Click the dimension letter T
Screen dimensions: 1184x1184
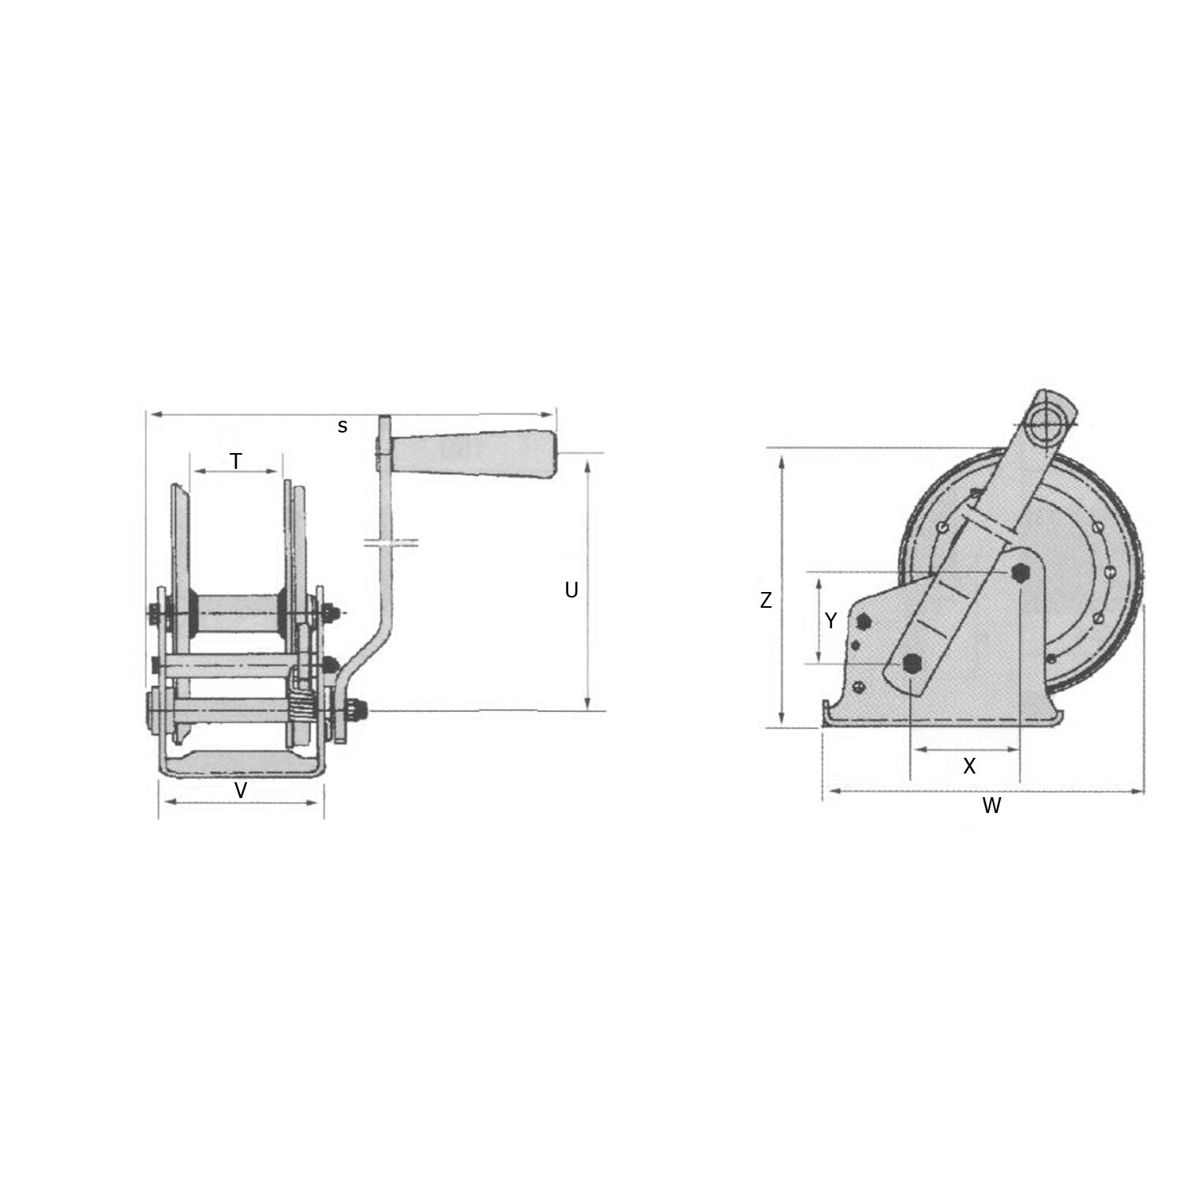236,461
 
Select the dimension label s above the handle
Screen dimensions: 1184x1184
343,426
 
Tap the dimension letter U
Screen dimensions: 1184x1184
571,590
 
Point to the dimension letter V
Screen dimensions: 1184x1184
242,790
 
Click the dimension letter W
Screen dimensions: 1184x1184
991,805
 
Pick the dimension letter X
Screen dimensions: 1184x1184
969,766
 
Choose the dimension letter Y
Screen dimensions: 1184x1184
830,621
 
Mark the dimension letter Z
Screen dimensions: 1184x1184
766,601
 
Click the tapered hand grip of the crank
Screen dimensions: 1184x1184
474,455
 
